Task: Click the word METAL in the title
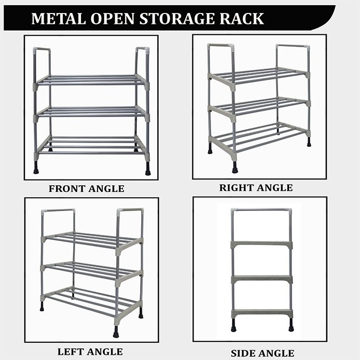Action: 58,19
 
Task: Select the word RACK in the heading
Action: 242,19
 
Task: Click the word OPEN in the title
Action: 113,19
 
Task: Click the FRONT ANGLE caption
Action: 87,189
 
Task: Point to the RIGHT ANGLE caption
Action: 256,188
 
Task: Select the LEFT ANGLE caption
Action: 90,352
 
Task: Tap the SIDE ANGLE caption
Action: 262,353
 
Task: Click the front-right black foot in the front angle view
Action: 148,169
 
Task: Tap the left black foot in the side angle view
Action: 233,325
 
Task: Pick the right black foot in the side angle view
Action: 291,325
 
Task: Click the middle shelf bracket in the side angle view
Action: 262,280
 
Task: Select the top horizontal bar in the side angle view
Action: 261,210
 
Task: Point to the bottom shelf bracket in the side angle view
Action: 262,314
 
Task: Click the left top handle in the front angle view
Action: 42,62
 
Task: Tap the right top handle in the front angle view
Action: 143,62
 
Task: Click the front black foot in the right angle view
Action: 234,167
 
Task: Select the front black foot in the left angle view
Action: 116,331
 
